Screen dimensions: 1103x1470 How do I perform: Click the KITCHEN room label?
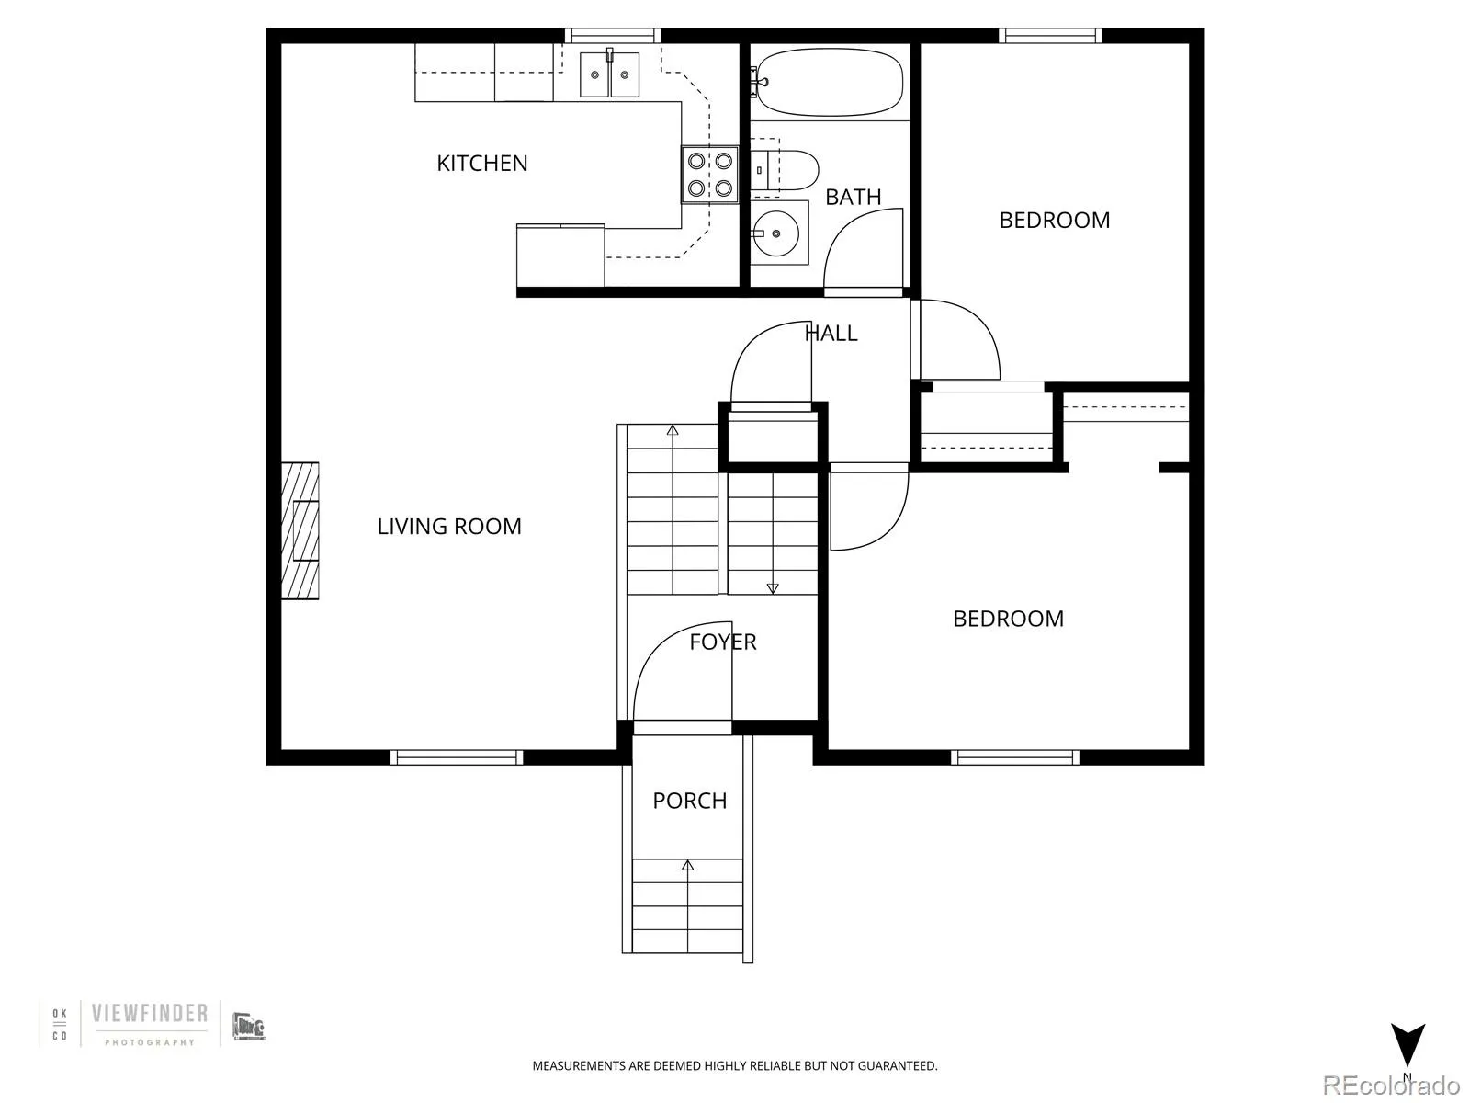tap(481, 164)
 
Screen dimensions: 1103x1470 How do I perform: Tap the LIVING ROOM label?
tap(449, 527)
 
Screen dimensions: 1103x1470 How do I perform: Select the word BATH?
tap(853, 197)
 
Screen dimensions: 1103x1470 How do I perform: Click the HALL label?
tap(831, 334)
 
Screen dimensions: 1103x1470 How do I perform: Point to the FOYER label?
tap(723, 642)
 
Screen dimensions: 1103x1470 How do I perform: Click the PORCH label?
tap(689, 801)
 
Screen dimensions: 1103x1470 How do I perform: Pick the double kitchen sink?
tap(609, 74)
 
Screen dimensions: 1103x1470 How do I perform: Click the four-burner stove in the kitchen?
tap(709, 175)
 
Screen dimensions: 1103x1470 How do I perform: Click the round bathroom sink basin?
tap(777, 233)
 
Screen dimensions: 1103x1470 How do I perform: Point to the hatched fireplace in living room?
tap(300, 531)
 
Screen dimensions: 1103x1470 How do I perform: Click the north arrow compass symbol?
tap(1407, 1045)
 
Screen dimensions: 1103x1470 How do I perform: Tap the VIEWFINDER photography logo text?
tap(149, 1014)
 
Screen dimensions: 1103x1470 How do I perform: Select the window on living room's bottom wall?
tap(457, 757)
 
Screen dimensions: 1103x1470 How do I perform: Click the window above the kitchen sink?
tap(612, 36)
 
